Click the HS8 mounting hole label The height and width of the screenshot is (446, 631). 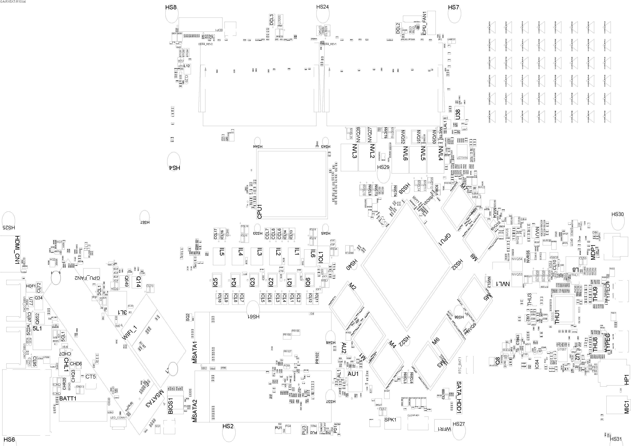coord(171,7)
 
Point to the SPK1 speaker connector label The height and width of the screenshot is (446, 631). coord(390,428)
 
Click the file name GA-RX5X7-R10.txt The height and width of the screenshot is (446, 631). coord(13,2)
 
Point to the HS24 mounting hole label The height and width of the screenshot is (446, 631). coord(322,7)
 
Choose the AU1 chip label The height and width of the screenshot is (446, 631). coord(353,374)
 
